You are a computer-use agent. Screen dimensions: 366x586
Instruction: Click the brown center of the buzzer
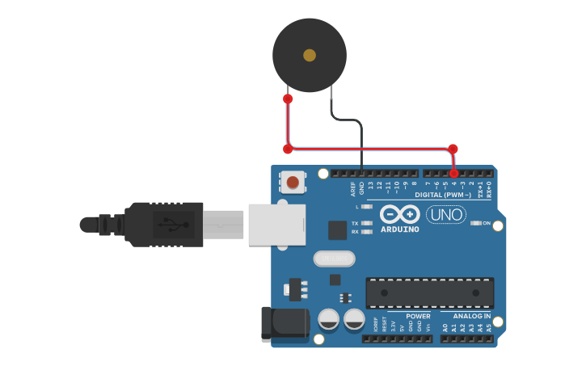tap(310, 55)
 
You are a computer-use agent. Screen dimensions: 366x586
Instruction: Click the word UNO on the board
tap(446, 215)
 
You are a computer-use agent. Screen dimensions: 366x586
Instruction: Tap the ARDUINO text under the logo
tap(399, 229)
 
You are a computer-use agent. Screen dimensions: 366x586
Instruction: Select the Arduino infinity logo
tap(399, 214)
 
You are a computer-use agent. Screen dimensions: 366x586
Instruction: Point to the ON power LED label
tap(487, 223)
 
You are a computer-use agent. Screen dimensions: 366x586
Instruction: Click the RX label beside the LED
tap(355, 232)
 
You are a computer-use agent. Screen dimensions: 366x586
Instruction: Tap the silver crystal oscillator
tap(333, 259)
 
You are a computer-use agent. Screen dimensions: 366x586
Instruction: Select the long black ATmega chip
tap(429, 292)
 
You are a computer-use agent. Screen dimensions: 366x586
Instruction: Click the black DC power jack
tap(285, 323)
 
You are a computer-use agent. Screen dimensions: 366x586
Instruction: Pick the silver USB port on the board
tap(276, 224)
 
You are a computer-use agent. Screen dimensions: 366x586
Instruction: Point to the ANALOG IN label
tap(470, 316)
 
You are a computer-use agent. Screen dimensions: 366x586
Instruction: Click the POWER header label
tap(418, 316)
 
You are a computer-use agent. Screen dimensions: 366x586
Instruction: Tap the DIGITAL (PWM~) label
tap(442, 195)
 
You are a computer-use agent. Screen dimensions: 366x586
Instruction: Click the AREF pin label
tap(352, 189)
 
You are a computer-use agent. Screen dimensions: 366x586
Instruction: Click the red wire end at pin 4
tap(454, 174)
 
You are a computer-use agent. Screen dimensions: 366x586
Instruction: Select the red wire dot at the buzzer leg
tap(288, 99)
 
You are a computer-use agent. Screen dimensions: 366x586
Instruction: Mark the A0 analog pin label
tap(445, 327)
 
